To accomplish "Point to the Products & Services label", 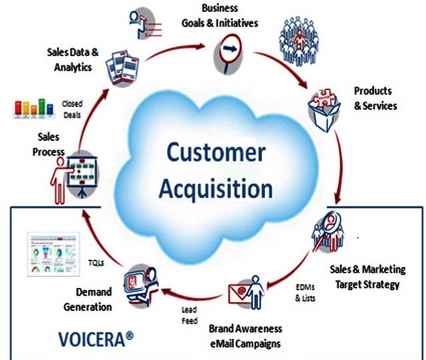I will click(375, 98).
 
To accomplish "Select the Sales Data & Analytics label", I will click(73, 58).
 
